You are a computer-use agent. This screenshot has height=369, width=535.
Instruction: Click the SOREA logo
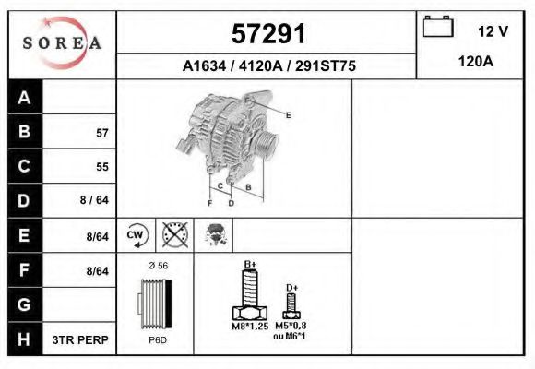click(62, 42)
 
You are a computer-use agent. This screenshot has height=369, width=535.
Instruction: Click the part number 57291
click(268, 33)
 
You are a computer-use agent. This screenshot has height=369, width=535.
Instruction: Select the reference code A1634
click(204, 65)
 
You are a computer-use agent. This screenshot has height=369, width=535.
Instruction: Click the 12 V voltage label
click(493, 31)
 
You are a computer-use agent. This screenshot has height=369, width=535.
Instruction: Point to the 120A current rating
click(476, 62)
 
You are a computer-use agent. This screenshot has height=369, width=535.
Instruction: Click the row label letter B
click(24, 131)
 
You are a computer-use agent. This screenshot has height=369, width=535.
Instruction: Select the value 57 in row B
click(102, 133)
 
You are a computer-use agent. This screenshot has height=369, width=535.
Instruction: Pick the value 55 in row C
click(102, 167)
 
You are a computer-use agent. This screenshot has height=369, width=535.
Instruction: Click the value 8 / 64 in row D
click(94, 200)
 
